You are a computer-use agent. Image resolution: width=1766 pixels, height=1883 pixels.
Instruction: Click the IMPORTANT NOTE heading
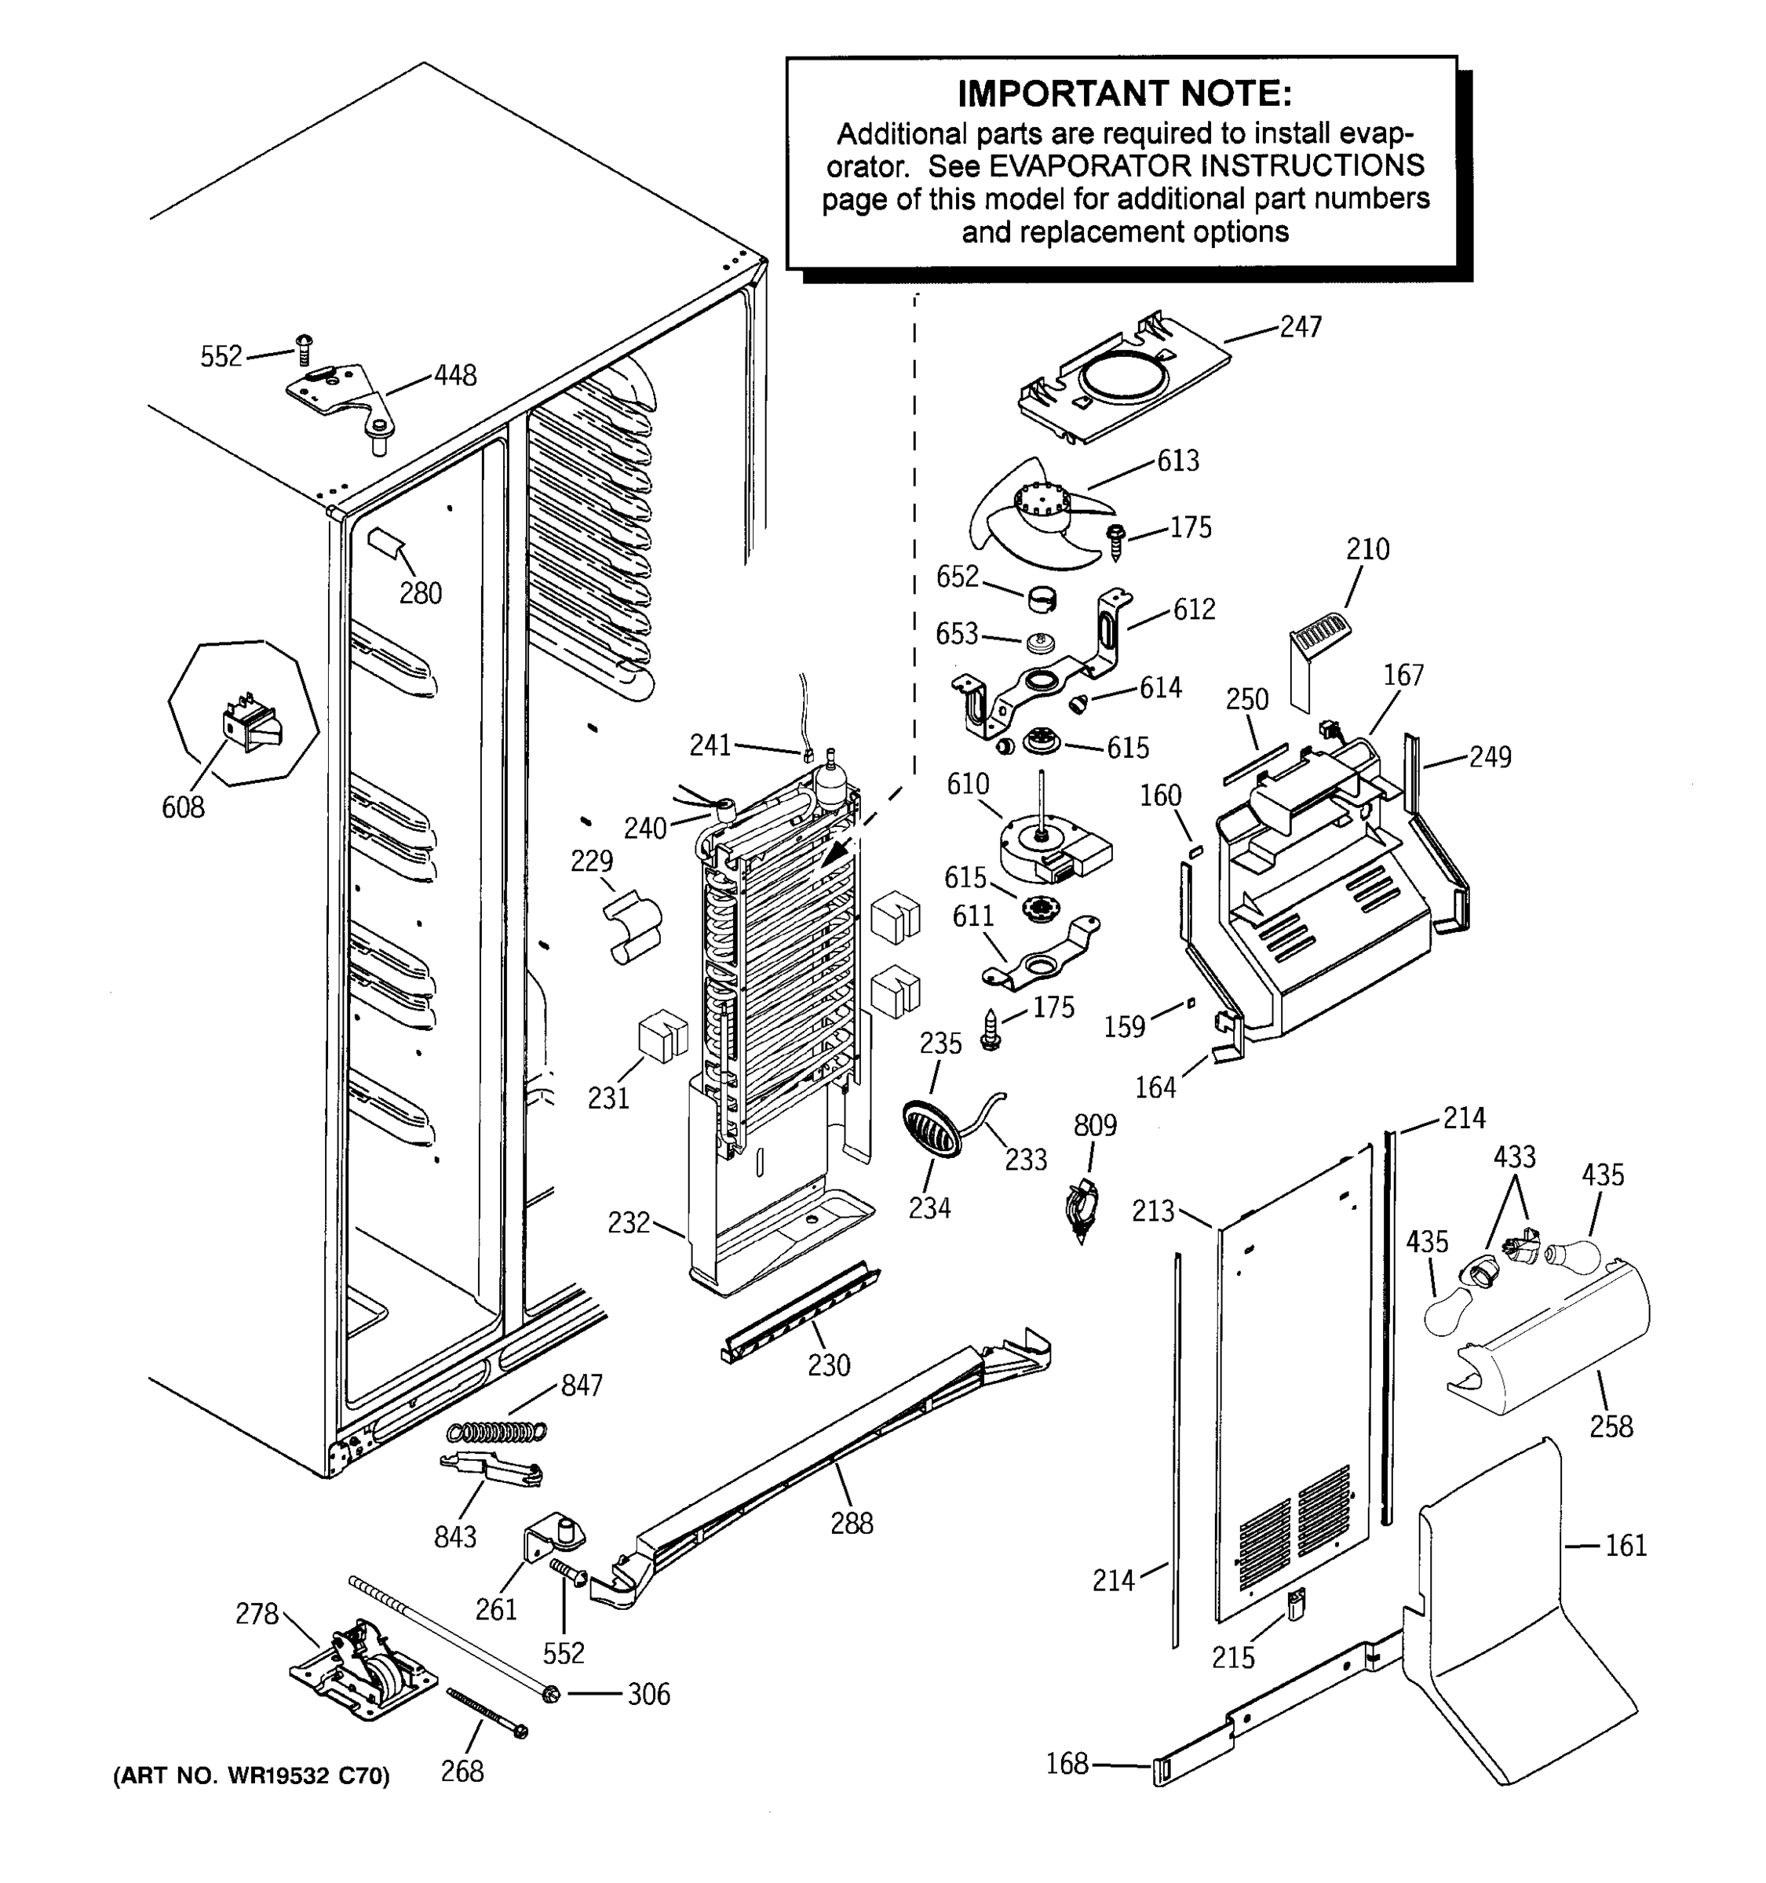(1124, 94)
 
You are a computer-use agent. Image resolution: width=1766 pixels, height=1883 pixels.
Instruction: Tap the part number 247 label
(1300, 326)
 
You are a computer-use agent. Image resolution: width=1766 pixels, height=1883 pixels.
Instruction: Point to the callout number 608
(183, 807)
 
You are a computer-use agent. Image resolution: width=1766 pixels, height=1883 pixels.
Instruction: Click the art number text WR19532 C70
(308, 1776)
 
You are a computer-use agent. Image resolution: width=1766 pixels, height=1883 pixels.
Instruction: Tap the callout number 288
(851, 1523)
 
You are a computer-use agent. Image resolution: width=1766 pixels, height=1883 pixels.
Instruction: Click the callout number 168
(1066, 1764)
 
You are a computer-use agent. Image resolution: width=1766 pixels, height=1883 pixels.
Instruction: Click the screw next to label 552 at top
(304, 348)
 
